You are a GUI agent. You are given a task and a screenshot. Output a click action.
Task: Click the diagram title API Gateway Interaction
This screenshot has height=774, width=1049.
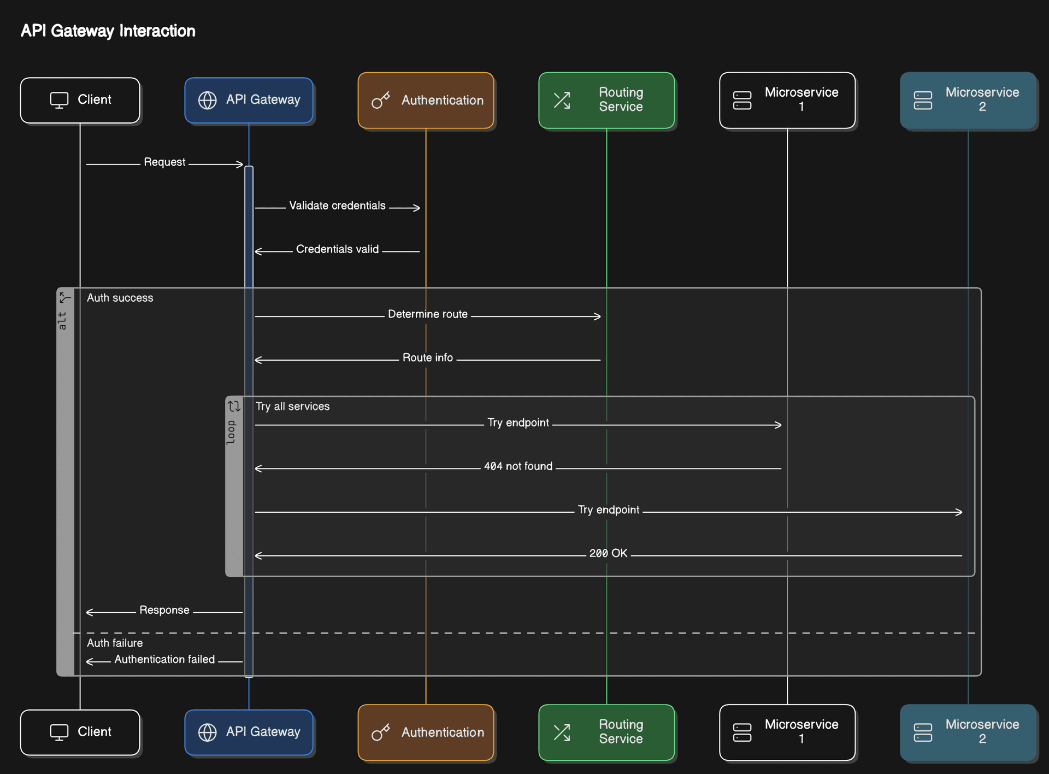tap(108, 31)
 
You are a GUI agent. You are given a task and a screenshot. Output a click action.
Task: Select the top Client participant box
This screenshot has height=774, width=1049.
tap(80, 100)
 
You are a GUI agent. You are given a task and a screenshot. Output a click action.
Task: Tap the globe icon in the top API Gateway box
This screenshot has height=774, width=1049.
tap(207, 100)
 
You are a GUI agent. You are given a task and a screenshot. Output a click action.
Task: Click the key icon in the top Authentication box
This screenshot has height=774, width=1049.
tap(380, 101)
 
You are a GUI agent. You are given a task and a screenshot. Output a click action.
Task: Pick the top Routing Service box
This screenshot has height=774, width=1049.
tap(606, 100)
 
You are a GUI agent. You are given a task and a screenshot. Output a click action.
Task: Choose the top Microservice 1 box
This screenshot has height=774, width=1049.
tap(787, 100)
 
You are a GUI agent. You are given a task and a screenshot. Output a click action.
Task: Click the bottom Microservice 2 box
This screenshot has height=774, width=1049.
tap(968, 732)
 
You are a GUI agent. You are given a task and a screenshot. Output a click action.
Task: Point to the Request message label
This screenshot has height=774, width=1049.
tap(164, 162)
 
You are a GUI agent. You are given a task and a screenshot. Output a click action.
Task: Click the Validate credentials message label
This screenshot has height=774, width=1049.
tap(337, 206)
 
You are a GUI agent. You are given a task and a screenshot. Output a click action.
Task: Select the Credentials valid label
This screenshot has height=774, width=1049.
tap(337, 249)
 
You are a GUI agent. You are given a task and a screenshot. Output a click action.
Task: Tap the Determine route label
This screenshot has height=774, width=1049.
tap(427, 314)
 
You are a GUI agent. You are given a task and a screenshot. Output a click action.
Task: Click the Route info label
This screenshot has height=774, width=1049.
tap(427, 357)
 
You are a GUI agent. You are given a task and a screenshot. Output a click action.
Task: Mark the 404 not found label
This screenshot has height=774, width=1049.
tap(518, 466)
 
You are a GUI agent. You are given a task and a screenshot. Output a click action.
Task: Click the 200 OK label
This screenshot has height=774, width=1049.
tap(608, 553)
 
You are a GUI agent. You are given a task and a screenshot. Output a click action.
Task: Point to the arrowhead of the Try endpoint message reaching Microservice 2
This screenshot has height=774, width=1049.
tap(959, 512)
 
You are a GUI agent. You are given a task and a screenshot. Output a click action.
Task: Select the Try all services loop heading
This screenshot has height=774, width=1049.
tap(292, 406)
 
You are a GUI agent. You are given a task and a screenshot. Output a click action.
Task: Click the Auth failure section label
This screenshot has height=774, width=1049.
tap(115, 643)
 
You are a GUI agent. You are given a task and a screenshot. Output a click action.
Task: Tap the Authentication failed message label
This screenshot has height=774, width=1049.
tap(164, 659)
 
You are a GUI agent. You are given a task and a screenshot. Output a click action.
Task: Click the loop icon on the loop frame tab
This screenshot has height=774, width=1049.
tap(234, 406)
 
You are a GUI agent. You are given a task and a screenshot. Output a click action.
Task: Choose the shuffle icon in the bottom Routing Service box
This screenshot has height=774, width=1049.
tap(562, 732)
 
